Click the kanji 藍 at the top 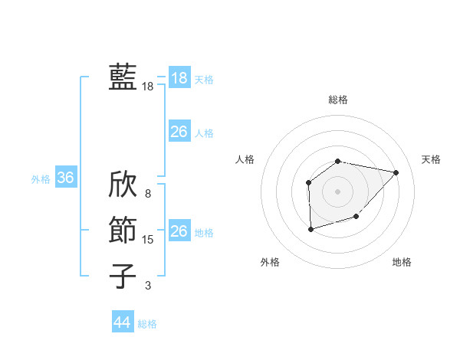[x=123, y=77]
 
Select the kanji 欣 [x=123, y=186]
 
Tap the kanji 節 [x=123, y=231]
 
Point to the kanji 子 [x=123, y=275]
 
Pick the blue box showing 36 [x=65, y=178]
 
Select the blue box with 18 [x=179, y=78]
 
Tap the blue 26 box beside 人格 [x=179, y=132]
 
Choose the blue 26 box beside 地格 [x=179, y=231]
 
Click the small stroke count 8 [x=148, y=195]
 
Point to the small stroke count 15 [x=148, y=240]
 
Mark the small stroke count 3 [x=148, y=286]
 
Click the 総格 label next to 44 [x=147, y=324]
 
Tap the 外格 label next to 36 [x=41, y=179]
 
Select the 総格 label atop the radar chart [x=337, y=100]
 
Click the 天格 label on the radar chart [x=431, y=159]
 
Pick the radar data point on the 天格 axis [x=396, y=172]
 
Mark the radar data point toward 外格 [x=310, y=229]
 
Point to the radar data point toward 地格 [x=356, y=218]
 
